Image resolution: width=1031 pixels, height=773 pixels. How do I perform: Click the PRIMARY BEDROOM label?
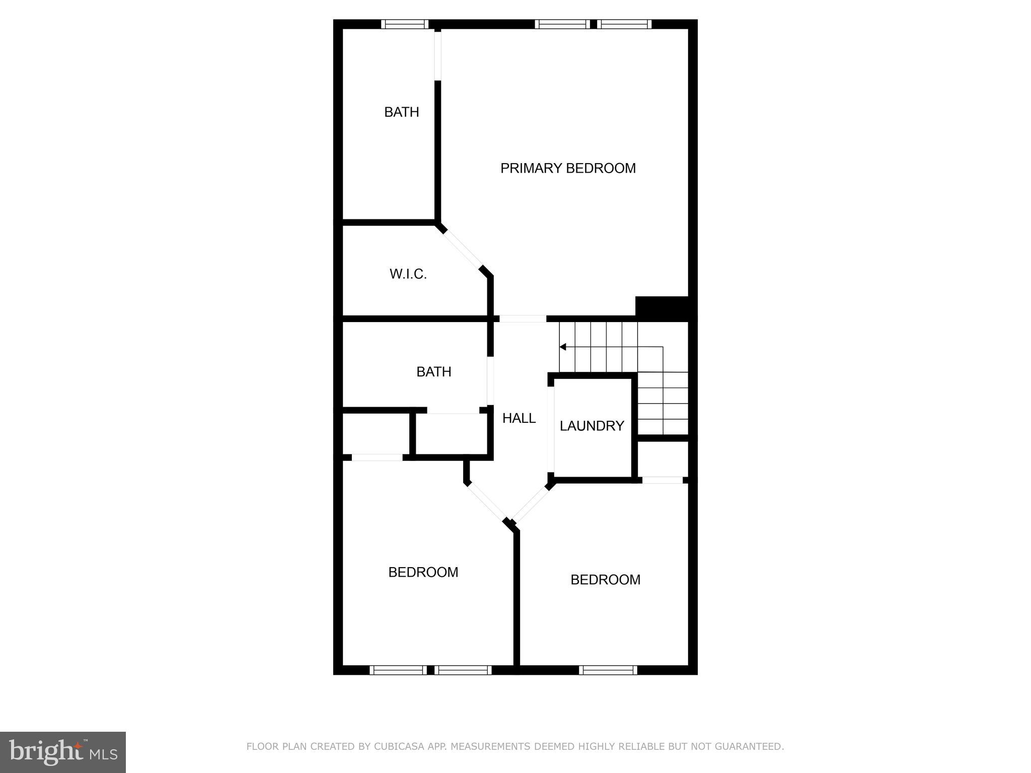click(568, 168)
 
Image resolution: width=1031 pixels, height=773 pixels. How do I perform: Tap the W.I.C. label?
click(408, 274)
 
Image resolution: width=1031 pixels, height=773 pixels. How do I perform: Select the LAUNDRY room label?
click(592, 426)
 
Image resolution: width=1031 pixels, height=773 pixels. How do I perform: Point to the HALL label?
click(519, 418)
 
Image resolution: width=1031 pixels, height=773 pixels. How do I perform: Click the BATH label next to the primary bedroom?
click(401, 112)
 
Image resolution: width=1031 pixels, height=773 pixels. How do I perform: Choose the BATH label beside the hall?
click(433, 372)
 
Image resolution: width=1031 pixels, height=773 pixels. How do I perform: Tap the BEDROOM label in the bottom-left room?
click(423, 572)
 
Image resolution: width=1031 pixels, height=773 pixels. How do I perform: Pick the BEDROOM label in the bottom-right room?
click(605, 580)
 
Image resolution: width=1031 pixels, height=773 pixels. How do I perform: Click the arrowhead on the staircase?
click(563, 347)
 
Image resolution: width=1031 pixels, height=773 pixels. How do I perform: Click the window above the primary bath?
click(404, 24)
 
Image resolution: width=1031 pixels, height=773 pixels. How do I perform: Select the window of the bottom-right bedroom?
click(608, 670)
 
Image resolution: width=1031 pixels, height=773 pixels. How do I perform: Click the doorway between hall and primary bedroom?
click(523, 319)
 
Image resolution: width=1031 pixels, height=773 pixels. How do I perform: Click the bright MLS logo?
click(63, 752)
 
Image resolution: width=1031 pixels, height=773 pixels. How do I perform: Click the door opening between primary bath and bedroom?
click(438, 55)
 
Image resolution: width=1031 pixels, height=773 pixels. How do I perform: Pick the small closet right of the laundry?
click(663, 459)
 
